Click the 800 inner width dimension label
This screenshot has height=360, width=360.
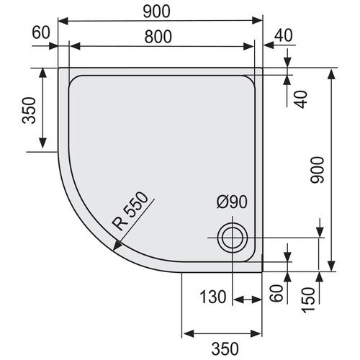click(x=158, y=37)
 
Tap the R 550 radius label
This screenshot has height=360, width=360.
click(x=130, y=211)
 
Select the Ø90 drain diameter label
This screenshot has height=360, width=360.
click(x=232, y=202)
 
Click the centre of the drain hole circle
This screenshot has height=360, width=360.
click(x=232, y=238)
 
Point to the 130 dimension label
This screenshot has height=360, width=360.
click(x=213, y=297)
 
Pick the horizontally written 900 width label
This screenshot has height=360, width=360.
click(x=156, y=12)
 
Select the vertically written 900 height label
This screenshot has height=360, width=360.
click(x=318, y=170)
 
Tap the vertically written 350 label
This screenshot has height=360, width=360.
click(x=29, y=110)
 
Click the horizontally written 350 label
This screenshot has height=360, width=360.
click(x=225, y=348)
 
